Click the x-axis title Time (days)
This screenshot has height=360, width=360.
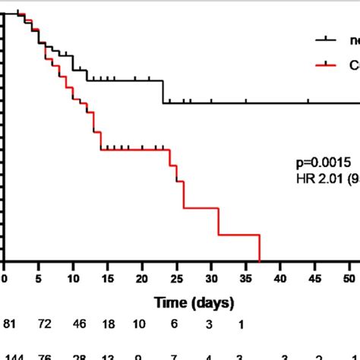[x=194, y=303]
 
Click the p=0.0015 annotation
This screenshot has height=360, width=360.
[x=323, y=163]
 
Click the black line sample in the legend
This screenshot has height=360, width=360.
[x=327, y=40]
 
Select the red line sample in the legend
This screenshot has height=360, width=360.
[x=327, y=66]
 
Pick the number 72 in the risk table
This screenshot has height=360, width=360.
[x=45, y=324]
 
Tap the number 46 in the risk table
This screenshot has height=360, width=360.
[x=80, y=324]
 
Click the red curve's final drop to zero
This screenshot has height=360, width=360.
[x=260, y=248]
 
